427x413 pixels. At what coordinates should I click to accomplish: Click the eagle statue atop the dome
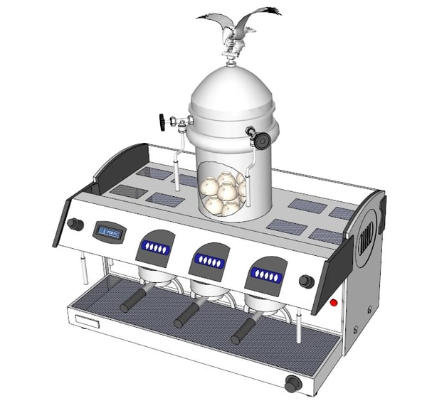pos(238,32)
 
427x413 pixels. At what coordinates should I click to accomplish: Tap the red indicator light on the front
pos(334,303)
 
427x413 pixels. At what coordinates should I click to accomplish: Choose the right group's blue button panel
pos(266,275)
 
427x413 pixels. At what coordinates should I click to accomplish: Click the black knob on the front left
pos(74,225)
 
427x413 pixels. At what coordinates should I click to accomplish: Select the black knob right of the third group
pos(307,281)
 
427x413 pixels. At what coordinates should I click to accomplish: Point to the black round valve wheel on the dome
pos(263,139)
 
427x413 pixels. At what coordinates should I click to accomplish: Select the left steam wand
pos(84,270)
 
